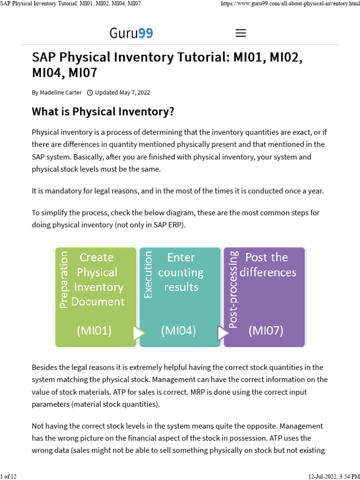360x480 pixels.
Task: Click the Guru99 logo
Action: coord(131,33)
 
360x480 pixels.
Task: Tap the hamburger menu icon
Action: coord(240,33)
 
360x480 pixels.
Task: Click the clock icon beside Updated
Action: coord(90,92)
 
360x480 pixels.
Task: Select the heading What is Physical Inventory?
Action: coord(103,112)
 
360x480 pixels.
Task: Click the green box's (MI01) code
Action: coord(94,330)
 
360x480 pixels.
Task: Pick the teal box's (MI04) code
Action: coord(178,330)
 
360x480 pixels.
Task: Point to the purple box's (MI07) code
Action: coord(266,330)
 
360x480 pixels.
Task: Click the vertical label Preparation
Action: coord(64,280)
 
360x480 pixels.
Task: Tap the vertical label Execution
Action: coord(148,275)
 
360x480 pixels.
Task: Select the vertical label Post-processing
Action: coord(232,289)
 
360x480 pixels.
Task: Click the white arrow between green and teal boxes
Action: coord(139,333)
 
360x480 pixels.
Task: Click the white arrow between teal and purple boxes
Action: coord(223,333)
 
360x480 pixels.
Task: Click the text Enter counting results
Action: coord(181,272)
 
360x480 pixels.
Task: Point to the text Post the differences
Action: coord(268,264)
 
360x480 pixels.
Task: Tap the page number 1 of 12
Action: coord(8,476)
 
